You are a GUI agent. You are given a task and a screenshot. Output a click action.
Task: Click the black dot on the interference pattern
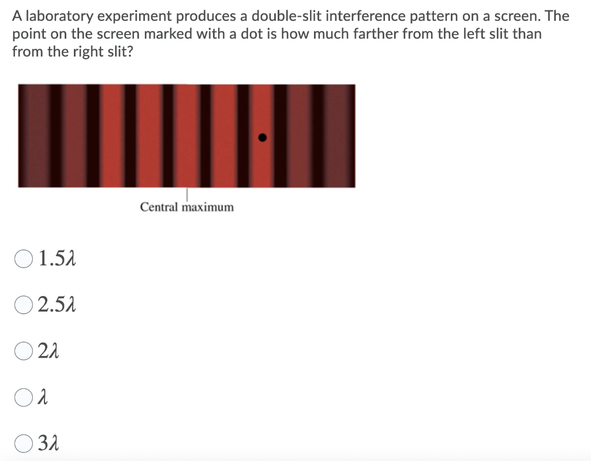(262, 138)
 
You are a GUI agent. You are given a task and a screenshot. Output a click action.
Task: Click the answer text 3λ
(49, 444)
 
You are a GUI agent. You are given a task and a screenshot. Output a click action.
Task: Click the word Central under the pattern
(159, 207)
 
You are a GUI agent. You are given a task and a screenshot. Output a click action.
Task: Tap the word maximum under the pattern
(208, 207)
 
